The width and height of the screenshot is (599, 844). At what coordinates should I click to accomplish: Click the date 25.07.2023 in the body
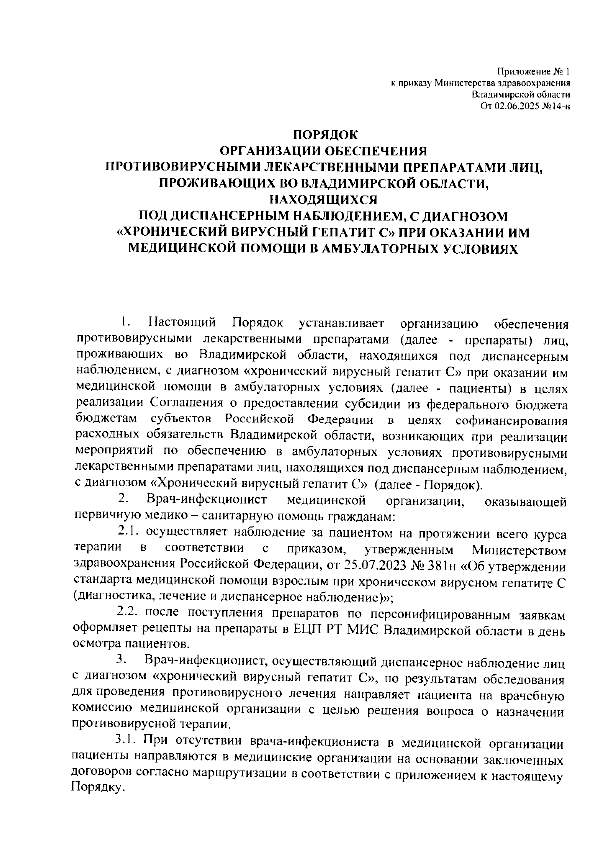tap(371, 566)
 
